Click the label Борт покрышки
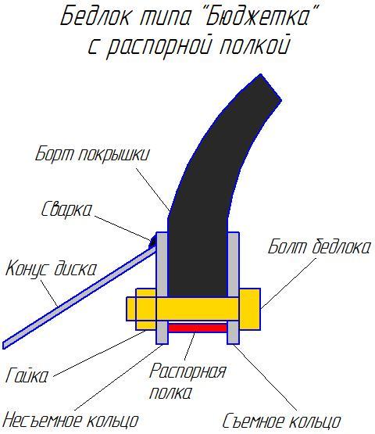click(92, 154)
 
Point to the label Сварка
click(66, 209)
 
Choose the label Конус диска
click(51, 269)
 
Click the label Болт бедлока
click(319, 246)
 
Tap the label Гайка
click(27, 375)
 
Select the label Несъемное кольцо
click(71, 421)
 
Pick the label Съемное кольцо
click(281, 421)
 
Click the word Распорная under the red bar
click(187, 371)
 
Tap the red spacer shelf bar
click(198, 328)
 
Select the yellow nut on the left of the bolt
click(146, 309)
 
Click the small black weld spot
click(153, 242)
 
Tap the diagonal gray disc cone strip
click(80, 298)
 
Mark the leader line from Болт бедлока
click(287, 283)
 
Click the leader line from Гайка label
click(100, 353)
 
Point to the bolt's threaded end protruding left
click(131, 309)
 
